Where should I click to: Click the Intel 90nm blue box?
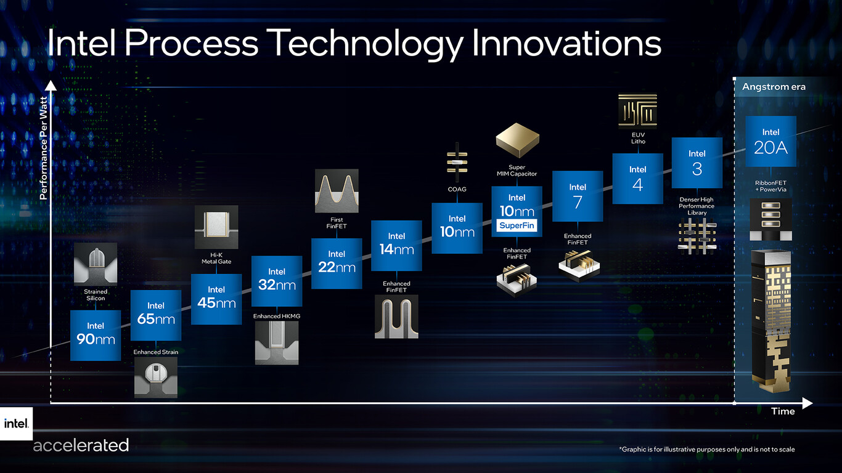point(96,335)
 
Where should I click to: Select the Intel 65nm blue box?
point(156,315)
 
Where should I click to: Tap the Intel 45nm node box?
point(216,299)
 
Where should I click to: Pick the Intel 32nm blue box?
point(277,281)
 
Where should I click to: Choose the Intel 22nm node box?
point(337,263)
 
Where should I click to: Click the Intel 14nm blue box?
point(396,246)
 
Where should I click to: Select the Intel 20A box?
point(770,142)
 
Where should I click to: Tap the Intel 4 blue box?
point(637,179)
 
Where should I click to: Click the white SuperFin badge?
point(517,226)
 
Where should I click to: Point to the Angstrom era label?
point(774,87)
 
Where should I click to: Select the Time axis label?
point(783,411)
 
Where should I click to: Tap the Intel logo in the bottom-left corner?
point(15,423)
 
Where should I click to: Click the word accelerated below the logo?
point(81,445)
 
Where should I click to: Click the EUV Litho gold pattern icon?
point(637,112)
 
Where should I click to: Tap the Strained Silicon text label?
point(96,295)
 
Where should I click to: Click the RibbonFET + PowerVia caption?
point(770,186)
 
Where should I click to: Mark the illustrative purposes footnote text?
point(706,450)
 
